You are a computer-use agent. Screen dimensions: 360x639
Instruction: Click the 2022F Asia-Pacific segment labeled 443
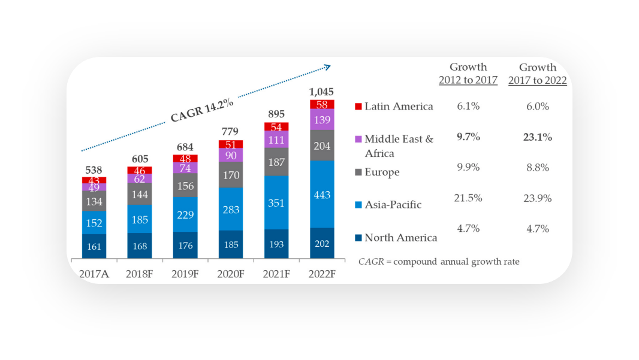[322, 194]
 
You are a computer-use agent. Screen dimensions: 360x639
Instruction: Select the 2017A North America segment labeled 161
[94, 246]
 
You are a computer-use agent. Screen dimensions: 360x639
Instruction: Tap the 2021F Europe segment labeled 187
[276, 162]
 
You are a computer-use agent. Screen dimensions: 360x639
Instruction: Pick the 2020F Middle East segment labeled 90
[231, 155]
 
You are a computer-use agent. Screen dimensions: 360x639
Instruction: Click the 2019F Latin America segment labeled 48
[185, 159]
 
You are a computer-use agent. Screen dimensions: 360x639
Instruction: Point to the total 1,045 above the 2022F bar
[322, 92]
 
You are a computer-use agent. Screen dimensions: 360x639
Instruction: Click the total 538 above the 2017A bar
[94, 170]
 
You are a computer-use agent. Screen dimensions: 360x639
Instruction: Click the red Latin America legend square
[358, 107]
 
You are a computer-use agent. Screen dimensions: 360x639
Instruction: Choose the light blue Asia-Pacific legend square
[358, 205]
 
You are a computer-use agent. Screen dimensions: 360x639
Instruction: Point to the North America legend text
[400, 238]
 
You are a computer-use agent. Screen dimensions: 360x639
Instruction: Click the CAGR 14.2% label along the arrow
[201, 107]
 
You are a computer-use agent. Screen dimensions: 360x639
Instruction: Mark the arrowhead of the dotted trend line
[327, 66]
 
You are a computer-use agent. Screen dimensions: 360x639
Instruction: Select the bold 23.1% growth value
[537, 137]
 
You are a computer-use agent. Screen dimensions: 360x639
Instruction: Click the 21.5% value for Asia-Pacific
[468, 198]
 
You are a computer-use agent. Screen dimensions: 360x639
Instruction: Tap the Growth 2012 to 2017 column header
[468, 74]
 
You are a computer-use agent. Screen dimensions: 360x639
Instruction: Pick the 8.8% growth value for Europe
[537, 168]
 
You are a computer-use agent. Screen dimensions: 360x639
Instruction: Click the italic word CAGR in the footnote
[370, 262]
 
